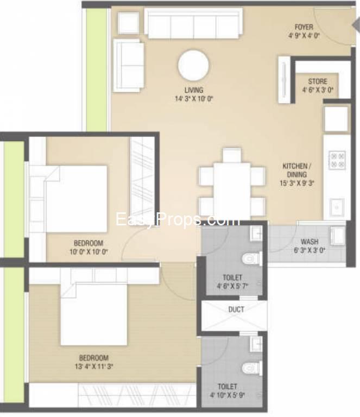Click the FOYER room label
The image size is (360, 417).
click(304, 27)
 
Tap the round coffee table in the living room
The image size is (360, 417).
click(193, 65)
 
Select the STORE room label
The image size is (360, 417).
click(318, 81)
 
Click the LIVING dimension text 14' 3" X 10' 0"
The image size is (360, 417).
click(194, 99)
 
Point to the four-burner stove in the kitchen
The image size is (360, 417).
click(337, 160)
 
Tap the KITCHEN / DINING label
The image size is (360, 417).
click(296, 170)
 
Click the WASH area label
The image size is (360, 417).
click(310, 242)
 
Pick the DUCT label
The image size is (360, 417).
click(236, 309)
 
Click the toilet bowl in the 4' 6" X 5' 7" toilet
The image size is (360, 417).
click(251, 258)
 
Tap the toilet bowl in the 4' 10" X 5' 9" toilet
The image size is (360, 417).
click(251, 368)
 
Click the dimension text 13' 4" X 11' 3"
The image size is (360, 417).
click(94, 367)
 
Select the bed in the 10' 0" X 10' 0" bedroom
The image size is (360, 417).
click(77, 199)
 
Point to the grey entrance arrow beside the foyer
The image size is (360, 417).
click(356, 26)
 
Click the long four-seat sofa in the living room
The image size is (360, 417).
click(193, 23)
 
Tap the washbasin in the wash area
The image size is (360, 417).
click(338, 235)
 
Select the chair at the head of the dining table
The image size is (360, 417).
click(232, 155)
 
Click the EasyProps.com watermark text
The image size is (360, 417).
click(178, 220)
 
